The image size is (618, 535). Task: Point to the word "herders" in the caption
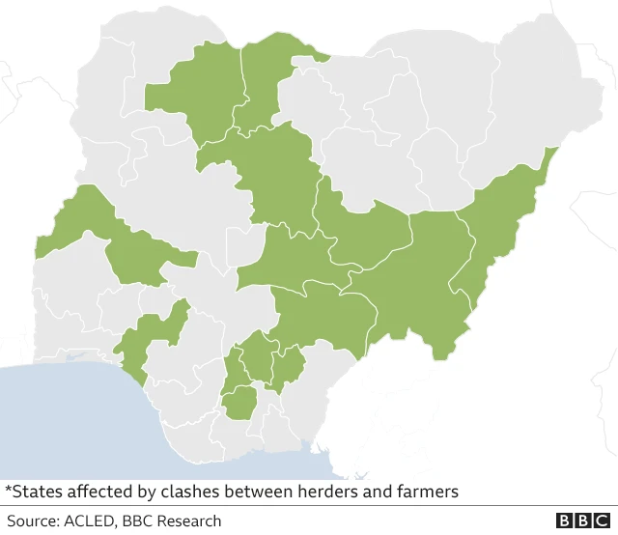pos(322,492)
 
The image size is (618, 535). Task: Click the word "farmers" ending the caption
pos(425,492)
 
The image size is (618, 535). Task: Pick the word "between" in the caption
pos(254,492)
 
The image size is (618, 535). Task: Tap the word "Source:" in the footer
pos(32,521)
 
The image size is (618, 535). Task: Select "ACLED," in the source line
pos(92,521)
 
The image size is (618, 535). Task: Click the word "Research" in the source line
pos(187,521)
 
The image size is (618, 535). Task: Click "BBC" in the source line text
pos(137,521)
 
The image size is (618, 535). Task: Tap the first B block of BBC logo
pos(565,521)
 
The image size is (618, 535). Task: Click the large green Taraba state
pos(415,280)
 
